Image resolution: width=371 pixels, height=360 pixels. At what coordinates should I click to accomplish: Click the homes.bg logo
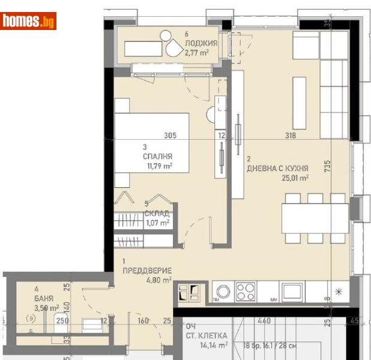click(x=29, y=22)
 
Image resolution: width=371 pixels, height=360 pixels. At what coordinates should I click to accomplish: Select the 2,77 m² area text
click(x=197, y=53)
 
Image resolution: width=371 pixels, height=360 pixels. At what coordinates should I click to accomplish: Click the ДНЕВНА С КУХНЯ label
click(x=277, y=169)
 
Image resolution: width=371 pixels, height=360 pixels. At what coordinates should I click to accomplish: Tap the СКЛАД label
click(x=157, y=213)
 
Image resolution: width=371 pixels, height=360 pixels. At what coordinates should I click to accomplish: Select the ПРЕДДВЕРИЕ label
click(x=147, y=271)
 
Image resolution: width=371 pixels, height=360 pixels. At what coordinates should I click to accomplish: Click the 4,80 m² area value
click(x=160, y=279)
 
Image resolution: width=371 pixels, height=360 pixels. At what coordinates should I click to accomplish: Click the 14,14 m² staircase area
click(x=214, y=345)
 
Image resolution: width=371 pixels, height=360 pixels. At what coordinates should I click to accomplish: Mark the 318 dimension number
click(x=291, y=136)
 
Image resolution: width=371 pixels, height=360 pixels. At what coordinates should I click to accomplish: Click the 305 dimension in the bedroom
click(x=169, y=136)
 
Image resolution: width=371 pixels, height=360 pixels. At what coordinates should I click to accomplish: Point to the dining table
click(x=315, y=218)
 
